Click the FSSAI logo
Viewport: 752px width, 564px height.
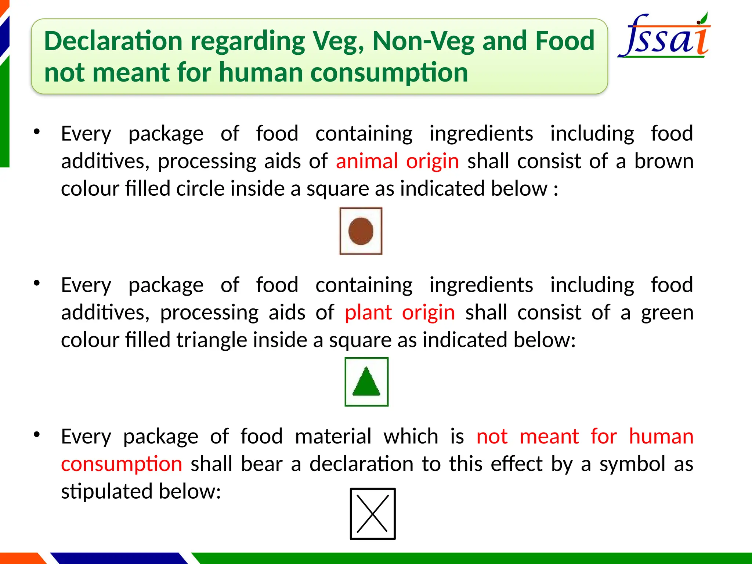[665, 37]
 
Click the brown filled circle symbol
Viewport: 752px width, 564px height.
[361, 231]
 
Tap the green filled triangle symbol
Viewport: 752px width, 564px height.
[366, 382]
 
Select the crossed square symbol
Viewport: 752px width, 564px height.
[372, 514]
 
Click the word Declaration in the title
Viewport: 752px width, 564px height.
[113, 41]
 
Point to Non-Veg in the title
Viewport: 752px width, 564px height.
[423, 41]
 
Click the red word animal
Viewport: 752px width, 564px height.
[367, 161]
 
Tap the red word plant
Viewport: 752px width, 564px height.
[368, 312]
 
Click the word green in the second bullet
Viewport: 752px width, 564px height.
[667, 312]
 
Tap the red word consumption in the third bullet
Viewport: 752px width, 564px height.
[122, 464]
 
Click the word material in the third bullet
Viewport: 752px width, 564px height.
[333, 437]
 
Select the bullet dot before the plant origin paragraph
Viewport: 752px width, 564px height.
[36, 283]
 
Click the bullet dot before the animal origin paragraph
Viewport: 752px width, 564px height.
[36, 131]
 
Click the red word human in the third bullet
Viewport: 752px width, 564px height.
[661, 437]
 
